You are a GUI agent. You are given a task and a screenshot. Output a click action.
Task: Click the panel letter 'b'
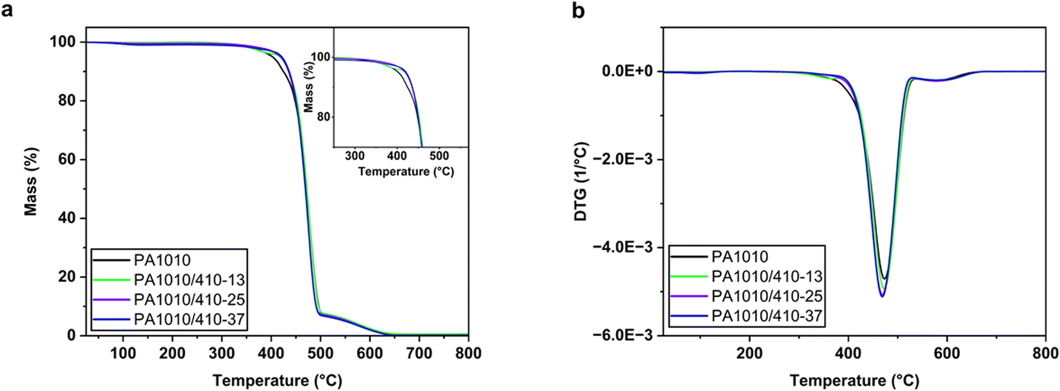pyautogui.click(x=578, y=11)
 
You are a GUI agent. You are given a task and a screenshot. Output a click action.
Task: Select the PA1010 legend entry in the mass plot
pyautogui.click(x=162, y=260)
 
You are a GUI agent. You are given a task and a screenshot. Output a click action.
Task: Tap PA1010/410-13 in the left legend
pyautogui.click(x=189, y=280)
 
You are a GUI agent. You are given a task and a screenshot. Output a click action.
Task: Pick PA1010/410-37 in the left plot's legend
pyautogui.click(x=189, y=319)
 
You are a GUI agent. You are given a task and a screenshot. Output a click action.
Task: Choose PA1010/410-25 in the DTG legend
pyautogui.click(x=766, y=296)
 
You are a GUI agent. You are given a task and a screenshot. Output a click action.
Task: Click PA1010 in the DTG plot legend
pyautogui.click(x=740, y=257)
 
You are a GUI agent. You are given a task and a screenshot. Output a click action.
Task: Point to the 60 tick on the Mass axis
pyautogui.click(x=66, y=160)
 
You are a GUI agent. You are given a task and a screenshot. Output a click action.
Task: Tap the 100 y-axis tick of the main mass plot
pyautogui.click(x=62, y=42)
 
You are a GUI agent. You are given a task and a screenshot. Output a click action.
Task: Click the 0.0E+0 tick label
pyautogui.click(x=627, y=71)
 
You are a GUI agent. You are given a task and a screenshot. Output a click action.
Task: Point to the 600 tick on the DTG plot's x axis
pyautogui.click(x=947, y=354)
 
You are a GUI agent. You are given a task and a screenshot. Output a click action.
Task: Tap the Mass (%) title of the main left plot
pyautogui.click(x=31, y=181)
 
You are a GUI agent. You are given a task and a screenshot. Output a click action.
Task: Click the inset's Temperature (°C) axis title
pyautogui.click(x=406, y=172)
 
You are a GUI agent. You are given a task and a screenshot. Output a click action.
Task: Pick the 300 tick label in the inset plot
pyautogui.click(x=354, y=156)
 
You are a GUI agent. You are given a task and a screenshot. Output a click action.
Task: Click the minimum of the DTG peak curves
pyautogui.click(x=882, y=296)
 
